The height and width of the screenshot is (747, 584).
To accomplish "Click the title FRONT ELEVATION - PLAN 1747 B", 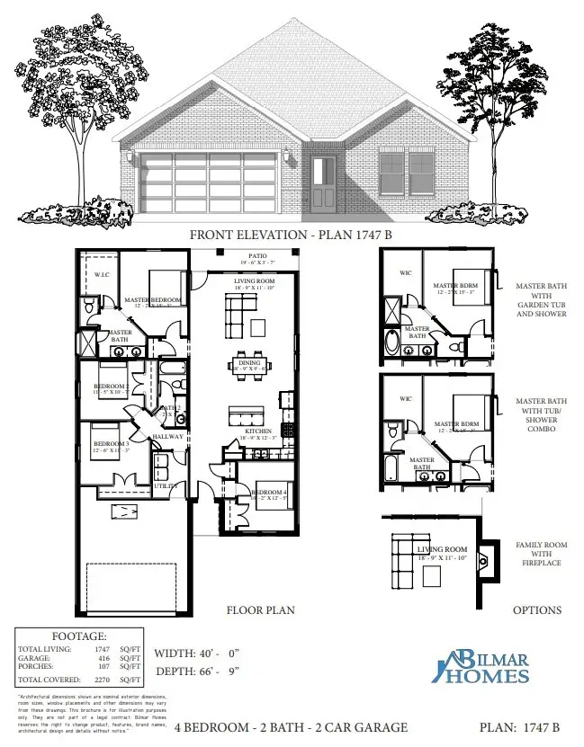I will click(x=292, y=236).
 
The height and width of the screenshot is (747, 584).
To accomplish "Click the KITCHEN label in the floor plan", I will click(x=258, y=431).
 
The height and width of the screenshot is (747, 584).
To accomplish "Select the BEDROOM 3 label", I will click(x=111, y=444).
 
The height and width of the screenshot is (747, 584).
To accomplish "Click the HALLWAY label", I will click(x=167, y=437).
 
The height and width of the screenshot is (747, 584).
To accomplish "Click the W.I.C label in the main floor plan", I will click(x=102, y=274).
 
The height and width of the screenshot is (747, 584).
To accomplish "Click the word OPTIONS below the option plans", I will click(x=537, y=610).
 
